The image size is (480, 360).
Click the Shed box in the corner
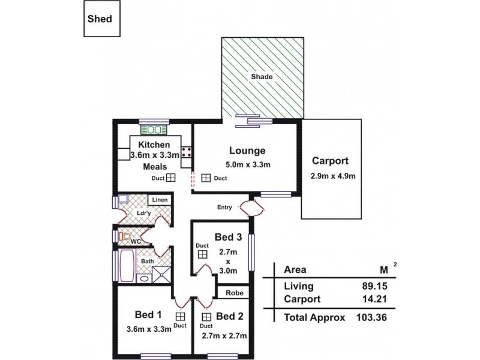98,19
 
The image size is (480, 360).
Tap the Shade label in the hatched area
262,77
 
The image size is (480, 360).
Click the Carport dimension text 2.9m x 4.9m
334,176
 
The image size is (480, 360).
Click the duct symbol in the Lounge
206,178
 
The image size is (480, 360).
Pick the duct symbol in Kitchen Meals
170,178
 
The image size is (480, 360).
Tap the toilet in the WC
125,237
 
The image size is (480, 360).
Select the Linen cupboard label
159,199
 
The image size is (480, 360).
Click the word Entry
225,208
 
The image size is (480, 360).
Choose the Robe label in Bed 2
234,293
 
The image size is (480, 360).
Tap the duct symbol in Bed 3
202,255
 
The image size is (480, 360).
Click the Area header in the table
296,269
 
